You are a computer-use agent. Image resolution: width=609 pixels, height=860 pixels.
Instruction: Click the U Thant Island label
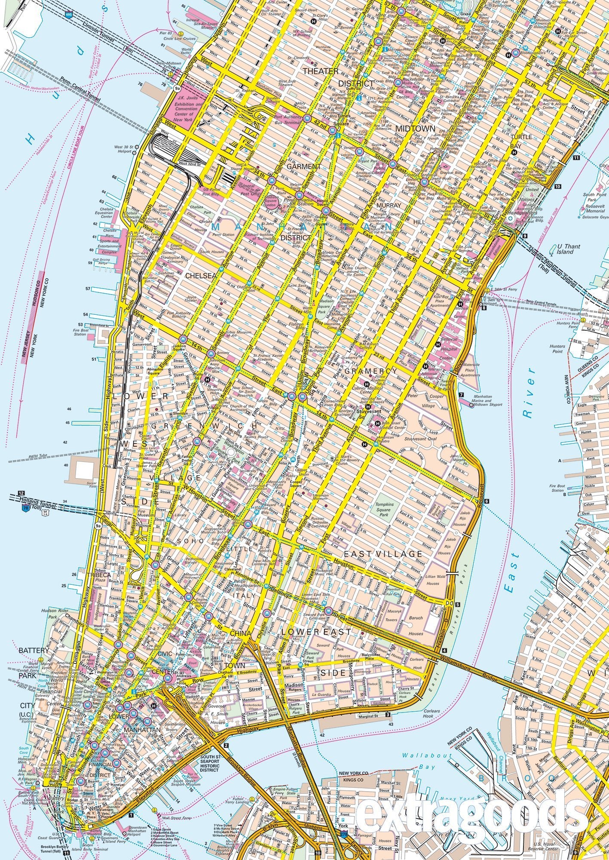568,249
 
